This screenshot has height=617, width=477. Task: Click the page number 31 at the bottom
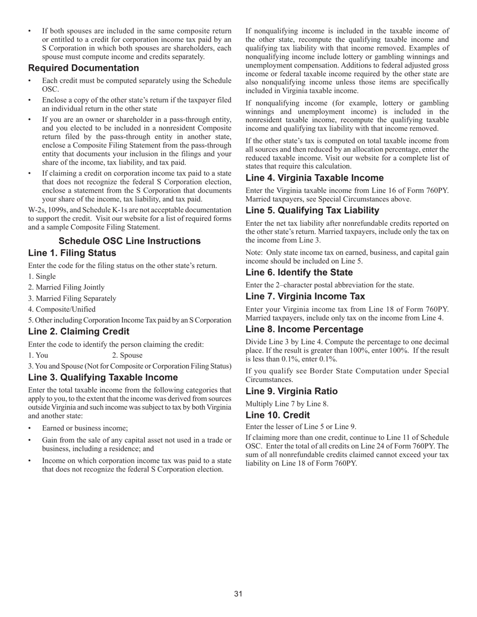[238, 594]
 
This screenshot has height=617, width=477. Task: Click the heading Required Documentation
[83, 68]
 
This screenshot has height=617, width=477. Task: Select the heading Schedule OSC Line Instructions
[130, 241]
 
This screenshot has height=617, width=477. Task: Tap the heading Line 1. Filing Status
[72, 253]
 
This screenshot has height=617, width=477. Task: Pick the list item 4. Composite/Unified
[62, 310]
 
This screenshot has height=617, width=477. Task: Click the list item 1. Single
[42, 276]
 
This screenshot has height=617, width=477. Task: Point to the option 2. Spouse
[128, 355]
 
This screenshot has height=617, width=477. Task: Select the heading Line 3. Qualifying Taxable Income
[103, 377]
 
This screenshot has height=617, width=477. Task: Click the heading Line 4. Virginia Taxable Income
[314, 178]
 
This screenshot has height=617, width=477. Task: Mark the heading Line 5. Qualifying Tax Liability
[312, 210]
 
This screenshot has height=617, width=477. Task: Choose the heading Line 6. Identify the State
[299, 272]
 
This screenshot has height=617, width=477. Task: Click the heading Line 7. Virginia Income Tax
[305, 296]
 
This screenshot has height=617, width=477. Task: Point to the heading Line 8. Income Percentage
[304, 329]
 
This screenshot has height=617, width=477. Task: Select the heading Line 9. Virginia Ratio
[292, 391]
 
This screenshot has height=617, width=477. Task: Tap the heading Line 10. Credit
[278, 415]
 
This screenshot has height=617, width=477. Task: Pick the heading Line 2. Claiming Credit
[79, 332]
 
